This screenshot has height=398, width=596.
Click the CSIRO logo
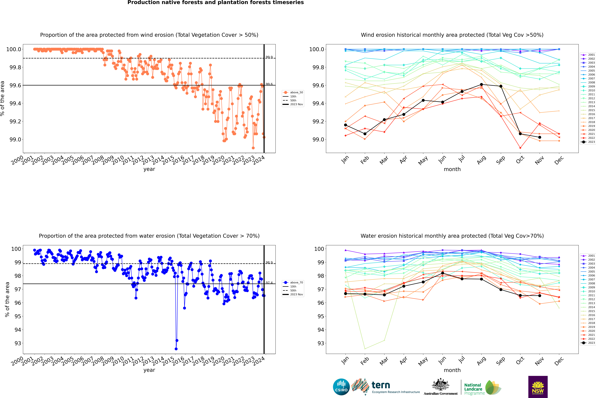[x=341, y=387]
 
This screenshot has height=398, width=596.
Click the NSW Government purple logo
[x=538, y=387]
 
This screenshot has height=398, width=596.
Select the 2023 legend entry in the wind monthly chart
[x=588, y=142]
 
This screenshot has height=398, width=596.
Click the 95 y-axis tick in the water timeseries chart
[x=18, y=316]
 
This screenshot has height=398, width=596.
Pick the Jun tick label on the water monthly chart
[x=442, y=360]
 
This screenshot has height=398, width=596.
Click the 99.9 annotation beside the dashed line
[x=269, y=57]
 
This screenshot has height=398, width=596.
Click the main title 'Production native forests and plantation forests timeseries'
[x=215, y=3]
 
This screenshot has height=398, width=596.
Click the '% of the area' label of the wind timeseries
[x=3, y=98]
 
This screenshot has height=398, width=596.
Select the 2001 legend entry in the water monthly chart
[x=588, y=256]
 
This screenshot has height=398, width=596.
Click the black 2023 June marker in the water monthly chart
[x=443, y=273]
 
